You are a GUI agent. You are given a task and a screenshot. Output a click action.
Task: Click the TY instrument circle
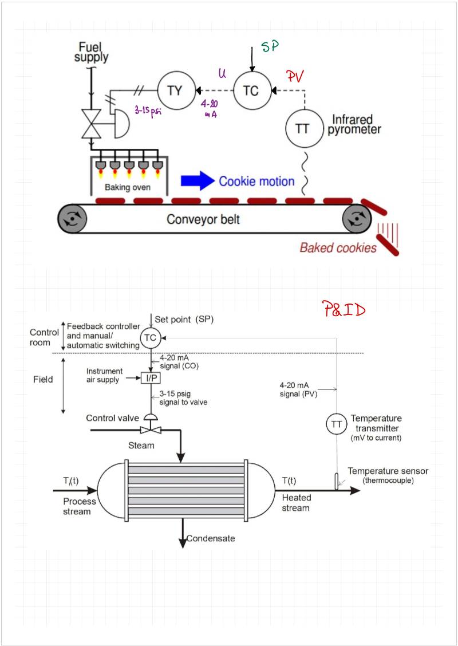click(x=174, y=90)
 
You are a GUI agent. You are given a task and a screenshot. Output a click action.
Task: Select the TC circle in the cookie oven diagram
click(x=251, y=90)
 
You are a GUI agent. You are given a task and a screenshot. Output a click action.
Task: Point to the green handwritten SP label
click(x=270, y=47)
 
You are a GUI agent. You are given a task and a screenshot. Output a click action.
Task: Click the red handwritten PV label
click(x=294, y=76)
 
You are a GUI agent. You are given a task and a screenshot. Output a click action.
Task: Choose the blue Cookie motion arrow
click(x=197, y=181)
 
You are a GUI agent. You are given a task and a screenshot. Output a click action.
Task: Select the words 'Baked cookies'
click(x=338, y=247)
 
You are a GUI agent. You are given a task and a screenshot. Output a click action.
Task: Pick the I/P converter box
click(x=150, y=378)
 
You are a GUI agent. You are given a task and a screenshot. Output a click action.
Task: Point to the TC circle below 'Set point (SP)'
click(x=150, y=338)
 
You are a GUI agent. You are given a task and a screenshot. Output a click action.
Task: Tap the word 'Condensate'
click(x=211, y=538)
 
